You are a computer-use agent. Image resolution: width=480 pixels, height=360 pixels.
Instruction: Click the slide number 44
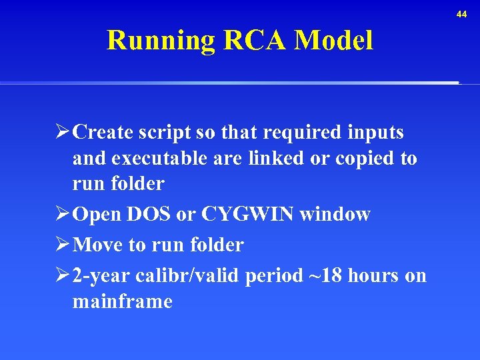462,14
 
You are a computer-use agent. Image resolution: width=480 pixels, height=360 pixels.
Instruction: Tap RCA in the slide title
255,41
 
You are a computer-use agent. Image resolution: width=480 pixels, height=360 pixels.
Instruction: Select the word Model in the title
334,41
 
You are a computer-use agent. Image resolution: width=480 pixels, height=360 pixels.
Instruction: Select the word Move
98,245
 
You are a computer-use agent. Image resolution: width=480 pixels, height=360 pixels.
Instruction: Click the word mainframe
122,302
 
